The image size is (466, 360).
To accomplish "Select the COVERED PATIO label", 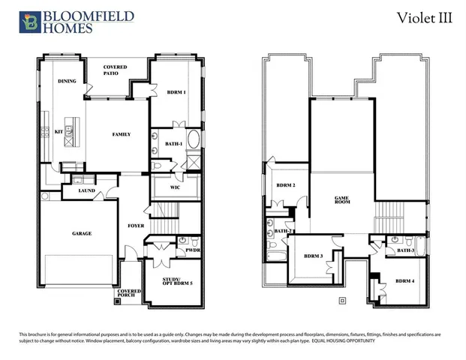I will pyautogui.click(x=115, y=70).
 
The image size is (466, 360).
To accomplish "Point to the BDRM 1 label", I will pyautogui.click(x=177, y=92).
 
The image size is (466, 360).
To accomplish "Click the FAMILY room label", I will pyautogui.click(x=122, y=135).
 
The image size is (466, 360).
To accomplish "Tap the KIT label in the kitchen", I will pyautogui.click(x=59, y=131).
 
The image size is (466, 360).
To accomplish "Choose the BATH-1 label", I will pyautogui.click(x=174, y=143).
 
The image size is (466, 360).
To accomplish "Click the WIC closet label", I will pyautogui.click(x=174, y=187).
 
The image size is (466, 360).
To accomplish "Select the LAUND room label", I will pyautogui.click(x=86, y=192).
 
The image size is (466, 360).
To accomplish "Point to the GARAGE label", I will pyautogui.click(x=82, y=233).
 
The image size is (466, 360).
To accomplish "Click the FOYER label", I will pyautogui.click(x=135, y=224).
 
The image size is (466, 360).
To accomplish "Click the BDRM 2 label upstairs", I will pyautogui.click(x=285, y=185).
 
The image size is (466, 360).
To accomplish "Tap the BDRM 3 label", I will pyautogui.click(x=313, y=256).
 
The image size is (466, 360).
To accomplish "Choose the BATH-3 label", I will pyautogui.click(x=406, y=250).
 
